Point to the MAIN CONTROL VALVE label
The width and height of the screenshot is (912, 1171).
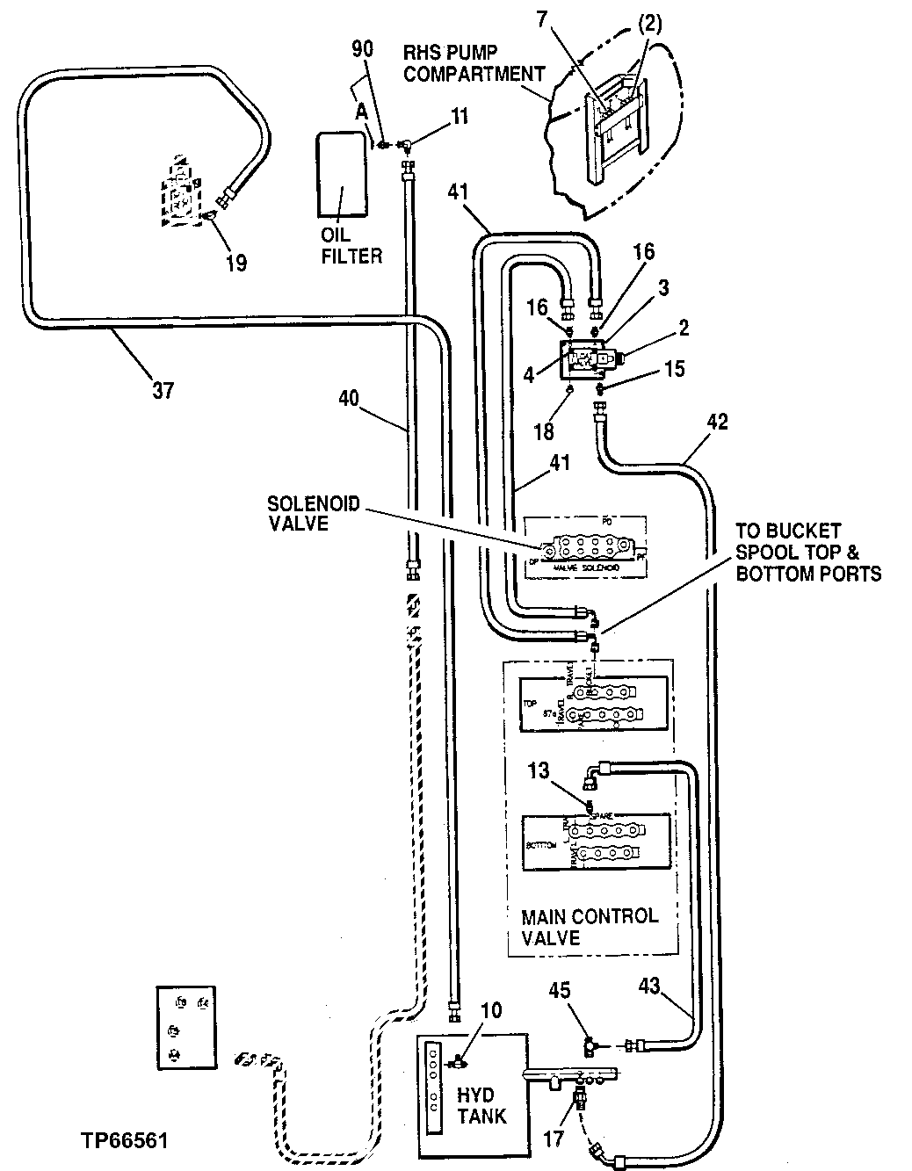[x=590, y=927]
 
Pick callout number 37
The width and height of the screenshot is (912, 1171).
[x=163, y=389]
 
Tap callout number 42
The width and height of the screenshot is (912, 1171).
[x=716, y=422]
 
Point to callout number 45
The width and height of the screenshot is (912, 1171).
[x=559, y=990]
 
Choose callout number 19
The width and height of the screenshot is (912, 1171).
[x=235, y=262]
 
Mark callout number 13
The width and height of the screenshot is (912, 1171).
[x=538, y=770]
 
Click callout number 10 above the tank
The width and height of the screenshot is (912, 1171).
[x=490, y=1010]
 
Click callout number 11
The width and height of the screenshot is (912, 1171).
[x=459, y=115]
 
